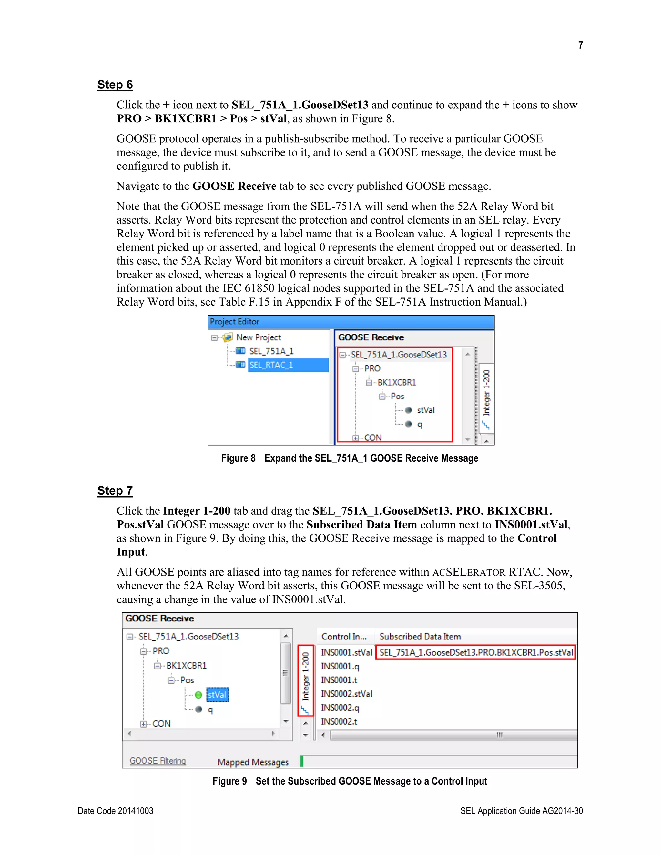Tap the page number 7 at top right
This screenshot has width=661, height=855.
580,45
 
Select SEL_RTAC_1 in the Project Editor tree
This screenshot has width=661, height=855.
271,365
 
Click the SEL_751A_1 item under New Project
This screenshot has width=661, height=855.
271,351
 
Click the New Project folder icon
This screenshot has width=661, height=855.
228,337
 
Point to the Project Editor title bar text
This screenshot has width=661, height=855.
235,322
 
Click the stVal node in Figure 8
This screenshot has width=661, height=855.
425,410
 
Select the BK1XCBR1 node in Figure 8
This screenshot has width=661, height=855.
396,382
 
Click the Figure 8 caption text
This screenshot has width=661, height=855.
349,458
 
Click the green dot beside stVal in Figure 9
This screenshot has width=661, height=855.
198,695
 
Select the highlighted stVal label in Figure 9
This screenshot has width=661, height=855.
217,695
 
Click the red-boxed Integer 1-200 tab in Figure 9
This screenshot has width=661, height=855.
305,680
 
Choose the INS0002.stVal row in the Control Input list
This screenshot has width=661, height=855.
346,694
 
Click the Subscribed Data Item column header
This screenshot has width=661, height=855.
420,637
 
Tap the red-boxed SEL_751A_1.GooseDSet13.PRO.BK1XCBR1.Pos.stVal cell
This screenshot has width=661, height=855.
475,653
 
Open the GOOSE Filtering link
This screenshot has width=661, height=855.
158,761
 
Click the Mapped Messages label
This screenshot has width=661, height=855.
253,762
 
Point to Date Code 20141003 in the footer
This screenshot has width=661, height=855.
116,811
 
